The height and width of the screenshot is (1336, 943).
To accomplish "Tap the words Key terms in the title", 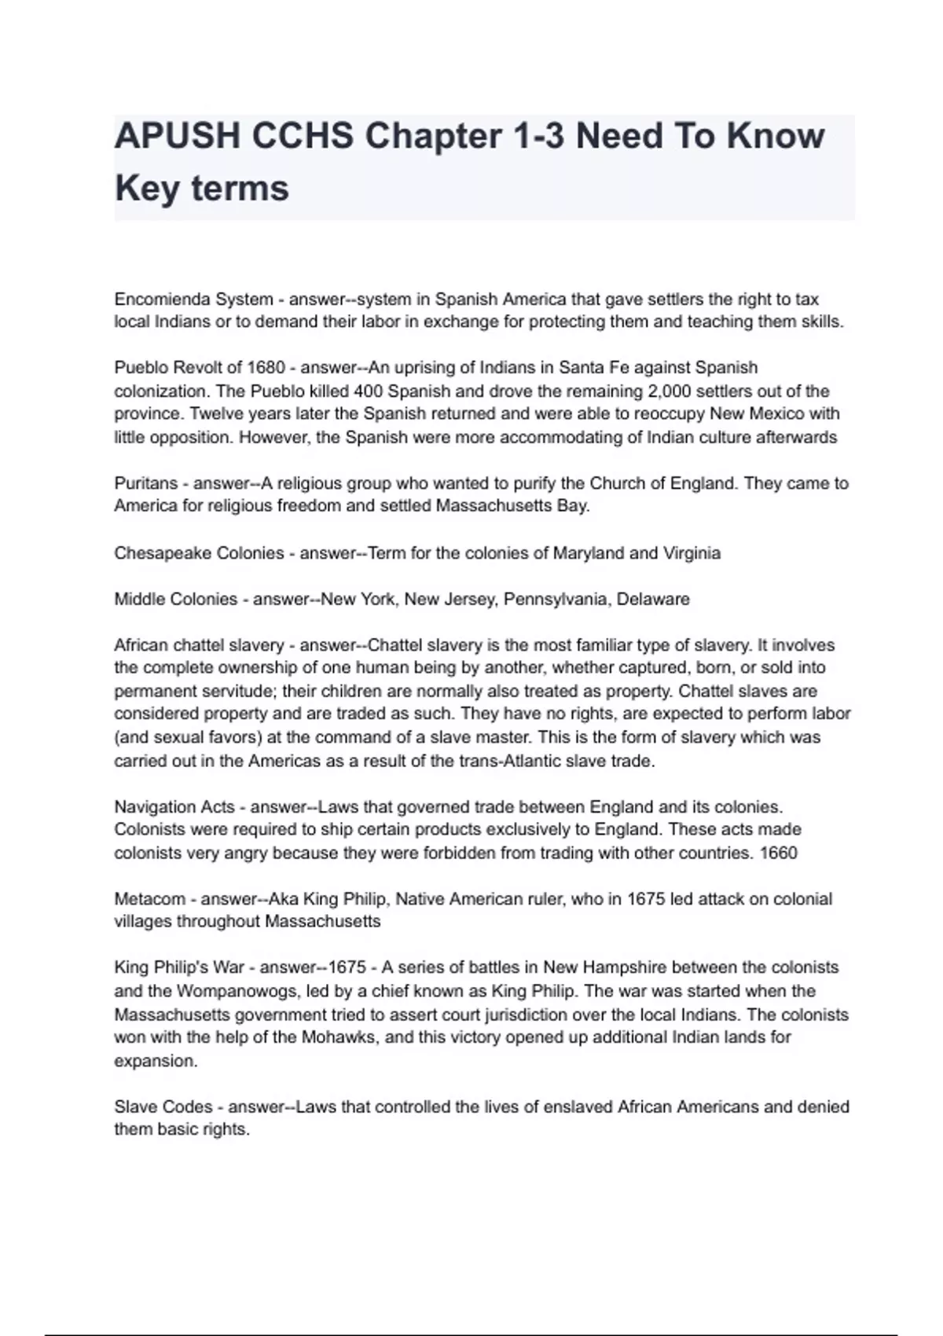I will pos(202,189).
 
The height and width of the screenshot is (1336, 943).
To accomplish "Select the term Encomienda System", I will pos(193,299).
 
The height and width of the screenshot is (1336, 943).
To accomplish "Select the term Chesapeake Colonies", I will pos(199,553).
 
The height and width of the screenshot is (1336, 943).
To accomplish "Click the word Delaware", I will pos(653,600).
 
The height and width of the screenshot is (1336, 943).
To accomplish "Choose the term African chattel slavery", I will pos(199,645).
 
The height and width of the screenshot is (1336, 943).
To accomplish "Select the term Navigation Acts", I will pos(174,807).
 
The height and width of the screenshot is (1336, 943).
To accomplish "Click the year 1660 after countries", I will pos(779,853).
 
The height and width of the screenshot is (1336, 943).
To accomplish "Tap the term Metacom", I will pos(150,899).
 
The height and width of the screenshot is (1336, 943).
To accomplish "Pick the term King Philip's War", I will pos(180,967).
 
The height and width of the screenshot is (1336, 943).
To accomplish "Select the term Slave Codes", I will pos(163,1107).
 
